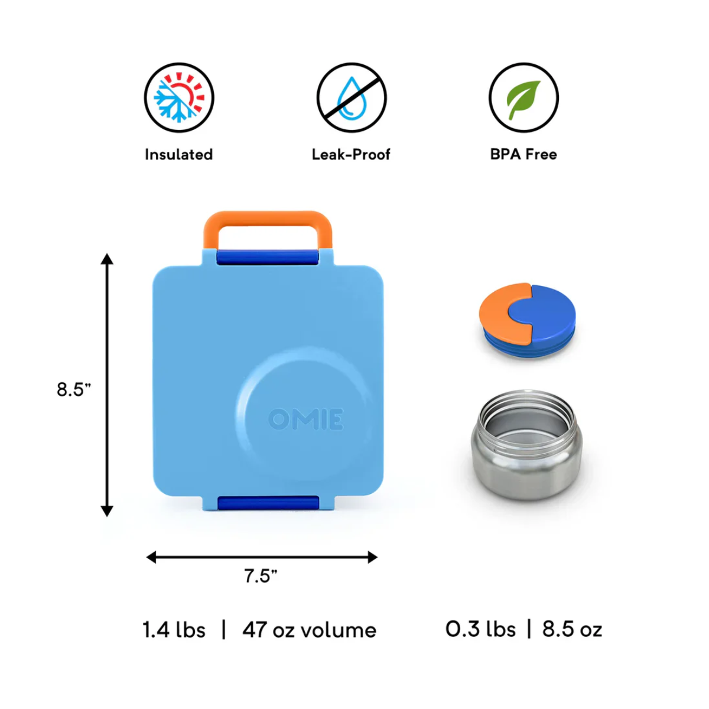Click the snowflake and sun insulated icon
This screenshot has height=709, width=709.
pyautogui.click(x=179, y=97)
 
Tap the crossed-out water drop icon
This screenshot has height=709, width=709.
pyautogui.click(x=352, y=97)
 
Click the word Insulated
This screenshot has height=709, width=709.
pyautogui.click(x=179, y=155)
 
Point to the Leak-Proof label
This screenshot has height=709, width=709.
pyautogui.click(x=351, y=155)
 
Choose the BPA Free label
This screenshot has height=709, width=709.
pyautogui.click(x=523, y=155)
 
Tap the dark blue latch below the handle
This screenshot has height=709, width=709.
pyautogui.click(x=268, y=257)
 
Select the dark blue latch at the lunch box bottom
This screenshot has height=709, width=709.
pyautogui.click(x=268, y=503)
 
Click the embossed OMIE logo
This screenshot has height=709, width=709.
pyautogui.click(x=305, y=419)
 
